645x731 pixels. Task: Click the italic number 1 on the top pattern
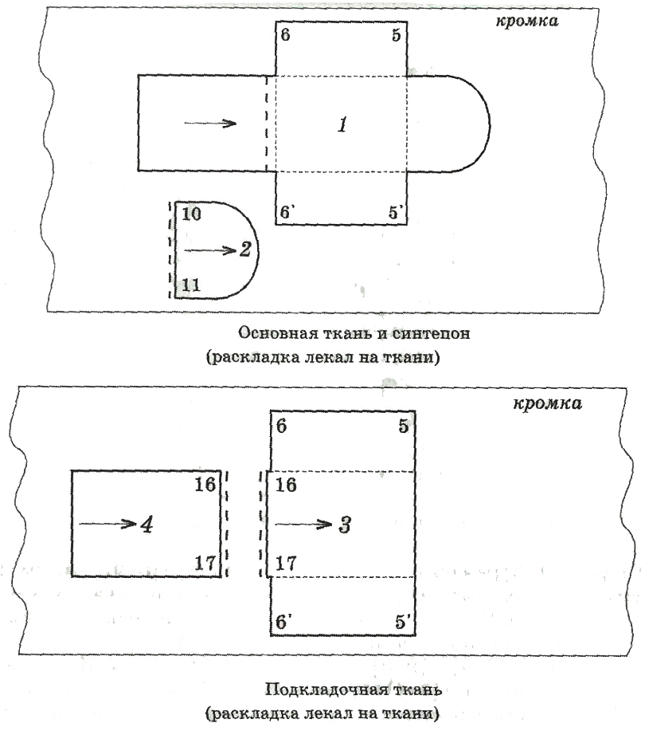point(342,124)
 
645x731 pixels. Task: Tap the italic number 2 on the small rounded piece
point(245,250)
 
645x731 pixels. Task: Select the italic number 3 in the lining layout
point(345,525)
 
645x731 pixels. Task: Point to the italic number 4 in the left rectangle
point(147,525)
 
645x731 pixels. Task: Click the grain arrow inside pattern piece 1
point(210,123)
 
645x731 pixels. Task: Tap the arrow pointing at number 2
point(211,250)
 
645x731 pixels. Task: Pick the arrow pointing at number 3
point(303,525)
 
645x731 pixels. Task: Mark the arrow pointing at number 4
point(107,524)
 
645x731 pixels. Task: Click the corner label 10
point(191,214)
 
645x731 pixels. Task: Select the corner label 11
point(191,285)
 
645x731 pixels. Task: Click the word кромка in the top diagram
point(526,21)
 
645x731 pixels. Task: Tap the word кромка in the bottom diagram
point(547,403)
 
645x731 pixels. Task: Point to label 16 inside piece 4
point(205,485)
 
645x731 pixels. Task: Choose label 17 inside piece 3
point(286,564)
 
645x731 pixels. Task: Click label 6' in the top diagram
point(286,212)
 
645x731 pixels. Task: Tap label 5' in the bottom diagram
point(402,622)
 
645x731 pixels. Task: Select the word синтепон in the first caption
point(431,333)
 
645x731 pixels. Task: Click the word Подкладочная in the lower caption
point(324,690)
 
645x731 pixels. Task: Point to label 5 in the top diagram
point(397,35)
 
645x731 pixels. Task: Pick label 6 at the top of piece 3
point(281,426)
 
